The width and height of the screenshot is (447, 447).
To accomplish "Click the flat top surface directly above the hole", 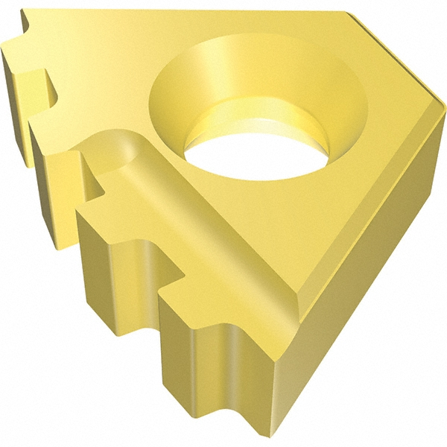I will pos(246,37).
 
